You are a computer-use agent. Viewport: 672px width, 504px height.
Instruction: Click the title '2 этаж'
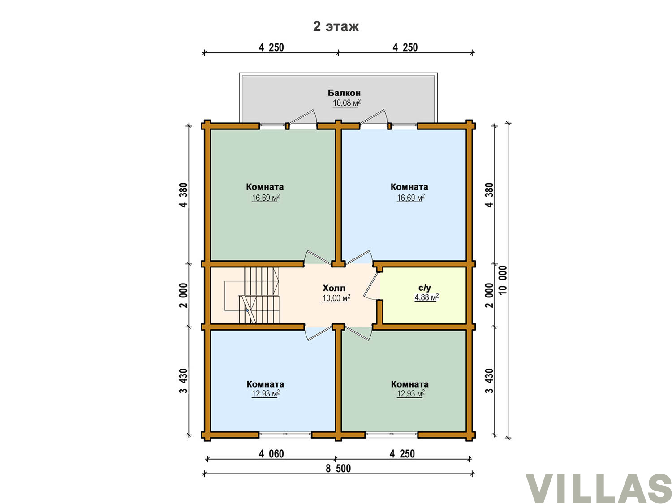(x=336, y=26)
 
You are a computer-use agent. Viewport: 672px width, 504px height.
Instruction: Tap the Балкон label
(x=344, y=93)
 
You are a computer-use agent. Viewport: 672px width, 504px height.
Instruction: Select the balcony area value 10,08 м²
(x=346, y=103)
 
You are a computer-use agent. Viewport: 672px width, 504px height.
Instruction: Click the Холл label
(x=334, y=288)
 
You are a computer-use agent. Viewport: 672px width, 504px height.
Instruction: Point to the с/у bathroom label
(x=425, y=288)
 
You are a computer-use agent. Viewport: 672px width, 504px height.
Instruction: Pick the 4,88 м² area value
(x=426, y=297)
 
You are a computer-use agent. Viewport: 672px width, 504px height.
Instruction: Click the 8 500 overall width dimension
(x=338, y=468)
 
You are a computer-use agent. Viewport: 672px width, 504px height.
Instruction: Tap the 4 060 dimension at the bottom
(x=271, y=454)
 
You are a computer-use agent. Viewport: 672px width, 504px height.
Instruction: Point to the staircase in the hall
(x=252, y=295)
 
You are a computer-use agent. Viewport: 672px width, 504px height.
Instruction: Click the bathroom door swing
(x=371, y=285)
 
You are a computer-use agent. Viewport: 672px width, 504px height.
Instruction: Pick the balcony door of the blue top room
(x=375, y=119)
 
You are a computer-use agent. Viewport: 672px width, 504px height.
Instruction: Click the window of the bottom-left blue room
(x=285, y=434)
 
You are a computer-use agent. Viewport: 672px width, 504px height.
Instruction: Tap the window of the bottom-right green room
(x=392, y=434)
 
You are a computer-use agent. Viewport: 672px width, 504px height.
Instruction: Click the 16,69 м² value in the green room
(x=266, y=198)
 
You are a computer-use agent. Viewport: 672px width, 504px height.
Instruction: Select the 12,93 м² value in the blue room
(x=266, y=393)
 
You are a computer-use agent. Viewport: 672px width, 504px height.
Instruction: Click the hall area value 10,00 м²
(x=336, y=298)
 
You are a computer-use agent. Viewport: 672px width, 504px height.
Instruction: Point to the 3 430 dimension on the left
(x=184, y=381)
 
